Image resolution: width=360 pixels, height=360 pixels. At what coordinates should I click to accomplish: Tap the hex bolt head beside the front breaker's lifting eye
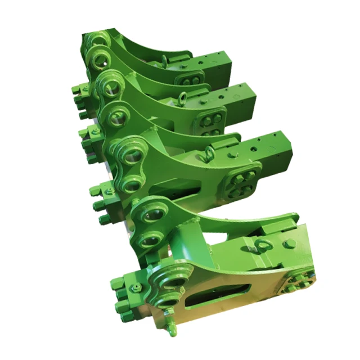290,244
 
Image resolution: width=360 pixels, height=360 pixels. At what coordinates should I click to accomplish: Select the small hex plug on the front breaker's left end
136,288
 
